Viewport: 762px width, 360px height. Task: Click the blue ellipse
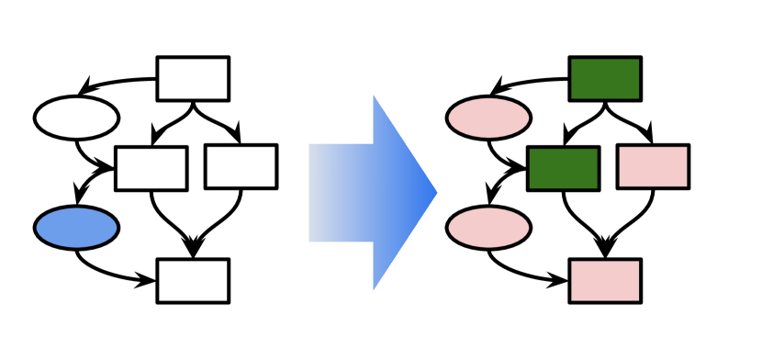pyautogui.click(x=76, y=228)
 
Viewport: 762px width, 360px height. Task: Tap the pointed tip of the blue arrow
pyautogui.click(x=437, y=193)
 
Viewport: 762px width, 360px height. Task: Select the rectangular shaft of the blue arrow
pyautogui.click(x=341, y=193)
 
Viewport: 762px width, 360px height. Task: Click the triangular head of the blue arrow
pyautogui.click(x=399, y=193)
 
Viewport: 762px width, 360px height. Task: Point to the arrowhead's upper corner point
pyautogui.click(x=373, y=95)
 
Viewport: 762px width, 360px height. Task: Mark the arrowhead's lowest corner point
pyautogui.click(x=373, y=291)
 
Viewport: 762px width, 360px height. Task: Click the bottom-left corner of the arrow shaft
pyautogui.click(x=309, y=242)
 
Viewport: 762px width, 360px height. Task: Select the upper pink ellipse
pyautogui.click(x=488, y=118)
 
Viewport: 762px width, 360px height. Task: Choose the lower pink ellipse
pyautogui.click(x=488, y=228)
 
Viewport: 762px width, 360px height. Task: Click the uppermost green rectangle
pyautogui.click(x=605, y=79)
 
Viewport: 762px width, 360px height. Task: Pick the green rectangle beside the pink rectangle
pyautogui.click(x=563, y=168)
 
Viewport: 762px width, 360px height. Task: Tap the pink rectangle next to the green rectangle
pyautogui.click(x=653, y=166)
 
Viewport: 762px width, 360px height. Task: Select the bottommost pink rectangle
pyautogui.click(x=605, y=281)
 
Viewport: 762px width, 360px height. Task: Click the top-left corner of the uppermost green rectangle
pyautogui.click(x=572, y=60)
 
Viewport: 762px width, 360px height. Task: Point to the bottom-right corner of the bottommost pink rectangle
pyautogui.click(x=638, y=300)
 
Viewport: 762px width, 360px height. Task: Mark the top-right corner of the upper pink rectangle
pyautogui.click(x=686, y=148)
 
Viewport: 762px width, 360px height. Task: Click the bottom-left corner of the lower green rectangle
pyautogui.click(x=531, y=187)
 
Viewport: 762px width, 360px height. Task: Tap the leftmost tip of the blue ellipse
pyautogui.click(x=37, y=228)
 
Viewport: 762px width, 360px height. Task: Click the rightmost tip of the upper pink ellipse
pyautogui.click(x=529, y=118)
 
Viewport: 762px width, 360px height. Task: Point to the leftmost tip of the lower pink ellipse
pyautogui.click(x=449, y=228)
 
